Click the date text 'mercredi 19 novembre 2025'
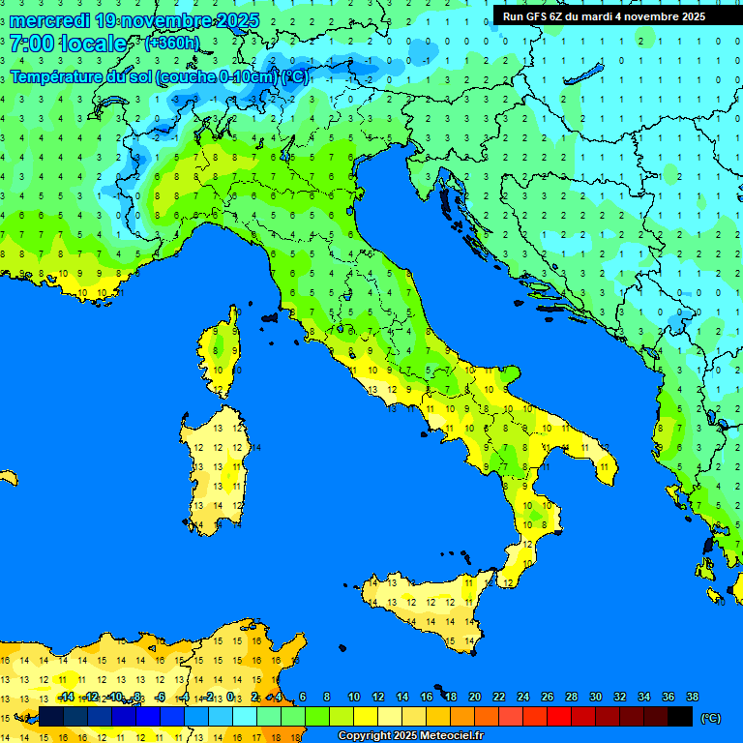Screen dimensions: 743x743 click(134, 21)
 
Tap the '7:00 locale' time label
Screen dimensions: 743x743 click(68, 44)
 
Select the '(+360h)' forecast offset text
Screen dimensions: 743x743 click(172, 43)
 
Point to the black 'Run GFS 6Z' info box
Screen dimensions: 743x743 click(604, 16)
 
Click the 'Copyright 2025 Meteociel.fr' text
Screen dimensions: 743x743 click(410, 735)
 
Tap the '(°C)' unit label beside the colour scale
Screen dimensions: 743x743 click(710, 717)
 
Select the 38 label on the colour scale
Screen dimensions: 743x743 click(692, 697)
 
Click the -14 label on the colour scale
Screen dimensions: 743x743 click(66, 697)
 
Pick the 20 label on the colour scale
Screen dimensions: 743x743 click(474, 697)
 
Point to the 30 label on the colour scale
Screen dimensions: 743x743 click(595, 697)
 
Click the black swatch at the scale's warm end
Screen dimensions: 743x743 click(680, 716)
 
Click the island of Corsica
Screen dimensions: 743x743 click(223, 353)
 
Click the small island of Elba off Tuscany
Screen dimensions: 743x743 click(269, 316)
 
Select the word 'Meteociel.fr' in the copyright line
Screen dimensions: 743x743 click(450, 735)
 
